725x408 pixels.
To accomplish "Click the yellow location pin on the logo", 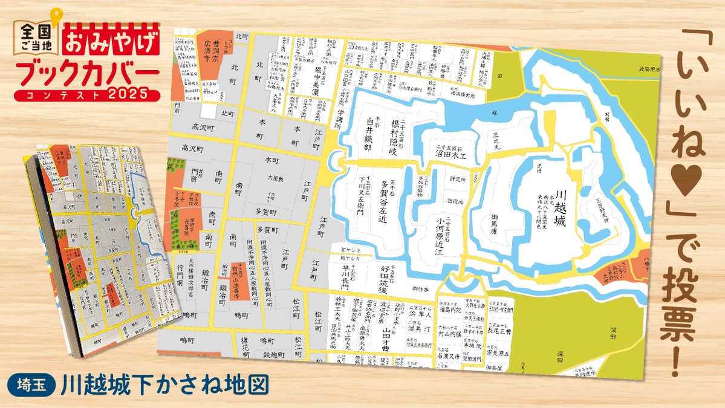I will click(x=56, y=16).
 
